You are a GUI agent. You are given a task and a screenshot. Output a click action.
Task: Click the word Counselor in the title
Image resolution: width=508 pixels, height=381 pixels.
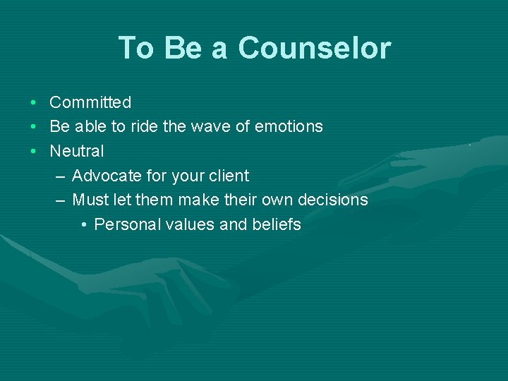(314, 48)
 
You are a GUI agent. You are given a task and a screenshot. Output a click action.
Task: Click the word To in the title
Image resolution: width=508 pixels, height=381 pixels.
(136, 48)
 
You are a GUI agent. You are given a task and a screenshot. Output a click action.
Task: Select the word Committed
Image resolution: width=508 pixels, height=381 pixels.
(90, 102)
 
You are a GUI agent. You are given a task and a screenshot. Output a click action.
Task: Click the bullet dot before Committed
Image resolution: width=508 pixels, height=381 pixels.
(33, 103)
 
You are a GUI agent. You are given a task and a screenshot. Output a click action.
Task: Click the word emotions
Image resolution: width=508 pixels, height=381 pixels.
(289, 126)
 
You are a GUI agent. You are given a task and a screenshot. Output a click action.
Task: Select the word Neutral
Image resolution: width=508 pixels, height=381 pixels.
(76, 151)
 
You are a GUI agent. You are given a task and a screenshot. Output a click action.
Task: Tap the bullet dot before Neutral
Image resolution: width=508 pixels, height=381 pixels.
(33, 152)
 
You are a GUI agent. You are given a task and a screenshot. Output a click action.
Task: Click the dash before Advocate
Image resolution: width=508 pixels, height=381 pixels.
(61, 176)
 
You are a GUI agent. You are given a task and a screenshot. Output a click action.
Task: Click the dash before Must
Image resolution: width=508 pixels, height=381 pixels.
(61, 200)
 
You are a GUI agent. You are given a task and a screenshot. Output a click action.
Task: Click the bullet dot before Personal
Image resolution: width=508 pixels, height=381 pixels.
(83, 225)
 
